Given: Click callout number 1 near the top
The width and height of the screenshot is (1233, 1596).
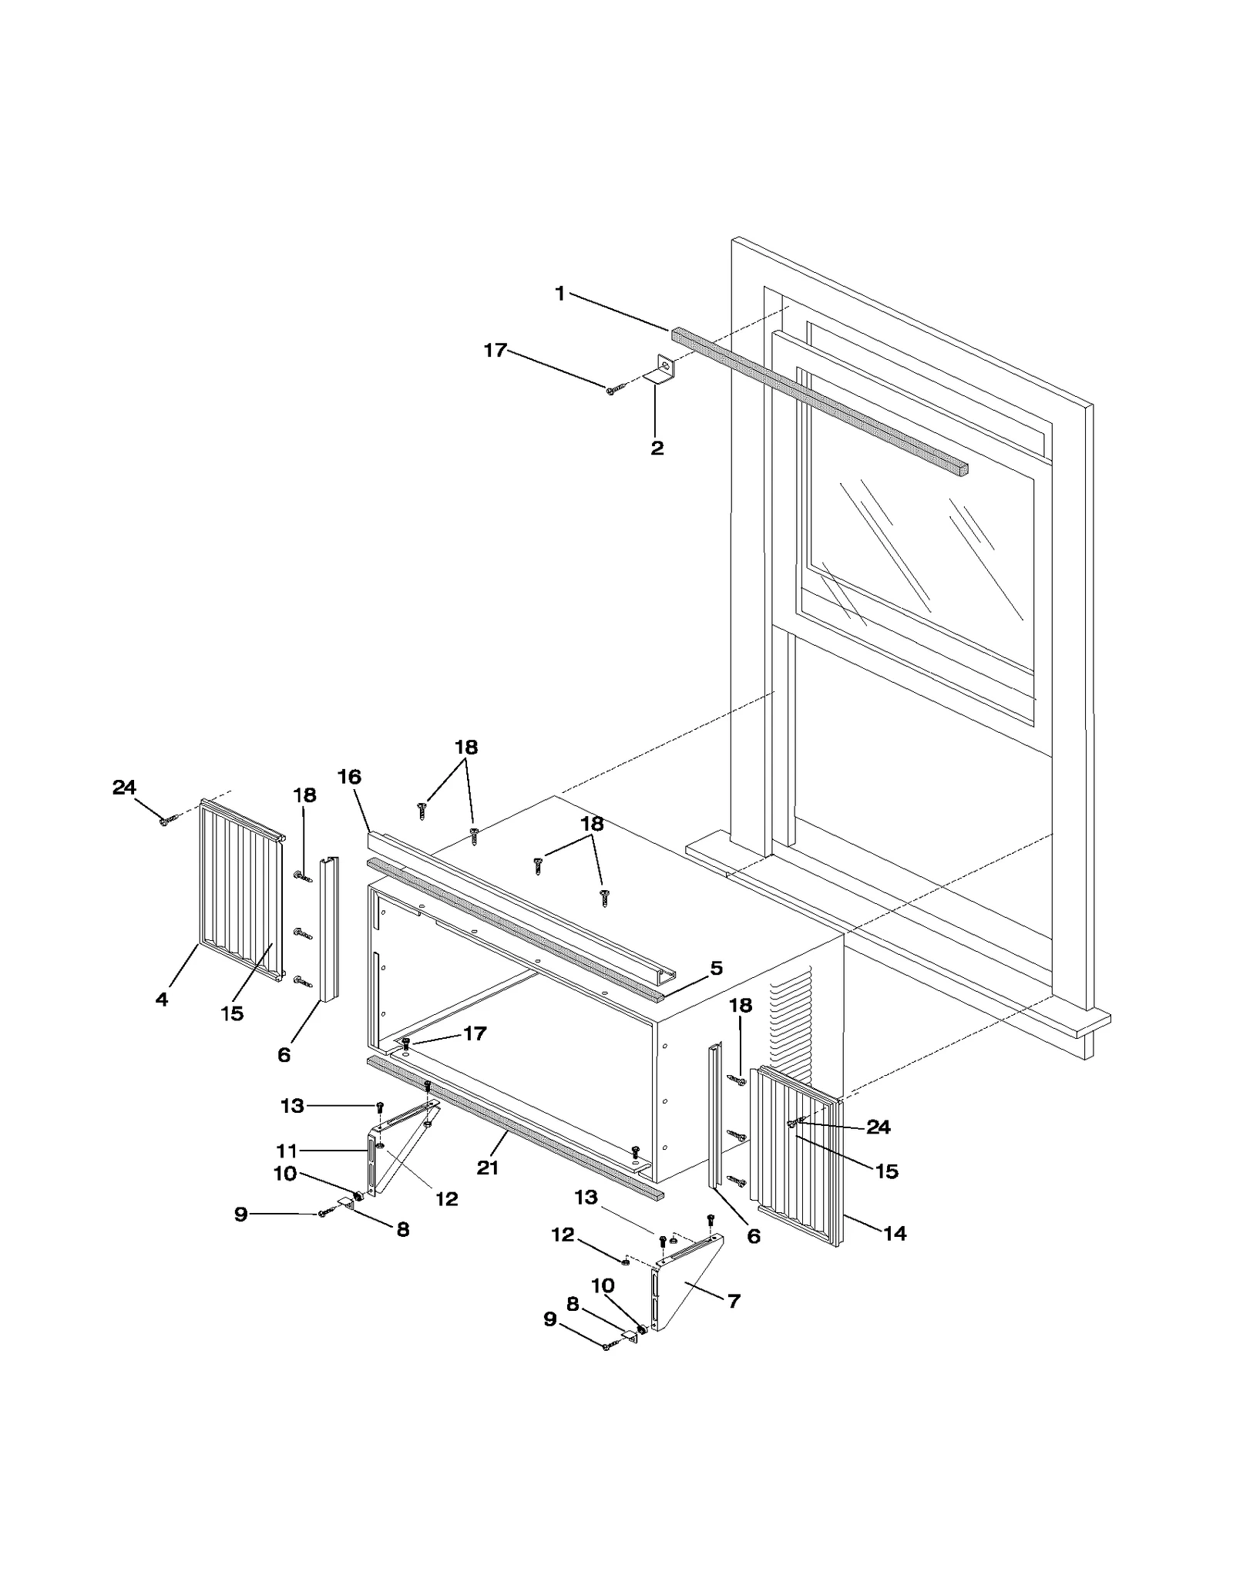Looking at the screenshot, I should (559, 294).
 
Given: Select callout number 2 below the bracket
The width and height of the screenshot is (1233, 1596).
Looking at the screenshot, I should (657, 449).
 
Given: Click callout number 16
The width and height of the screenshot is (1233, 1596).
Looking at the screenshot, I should (349, 777).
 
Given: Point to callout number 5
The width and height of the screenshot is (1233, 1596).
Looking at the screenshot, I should (716, 969).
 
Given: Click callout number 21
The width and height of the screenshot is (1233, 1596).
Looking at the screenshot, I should (487, 1168).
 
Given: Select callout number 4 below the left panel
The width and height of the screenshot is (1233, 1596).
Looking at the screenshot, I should (161, 1000).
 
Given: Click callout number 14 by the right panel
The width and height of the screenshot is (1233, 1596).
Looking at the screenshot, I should (894, 1234).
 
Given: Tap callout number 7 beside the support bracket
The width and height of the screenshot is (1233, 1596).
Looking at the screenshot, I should (734, 1302).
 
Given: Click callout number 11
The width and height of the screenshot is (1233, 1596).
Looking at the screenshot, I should (287, 1151).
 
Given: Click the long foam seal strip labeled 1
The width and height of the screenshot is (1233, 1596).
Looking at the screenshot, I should (817, 401).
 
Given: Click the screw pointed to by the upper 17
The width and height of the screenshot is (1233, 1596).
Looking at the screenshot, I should (611, 391).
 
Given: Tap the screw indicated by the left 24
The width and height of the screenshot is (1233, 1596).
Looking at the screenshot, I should (165, 822).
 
